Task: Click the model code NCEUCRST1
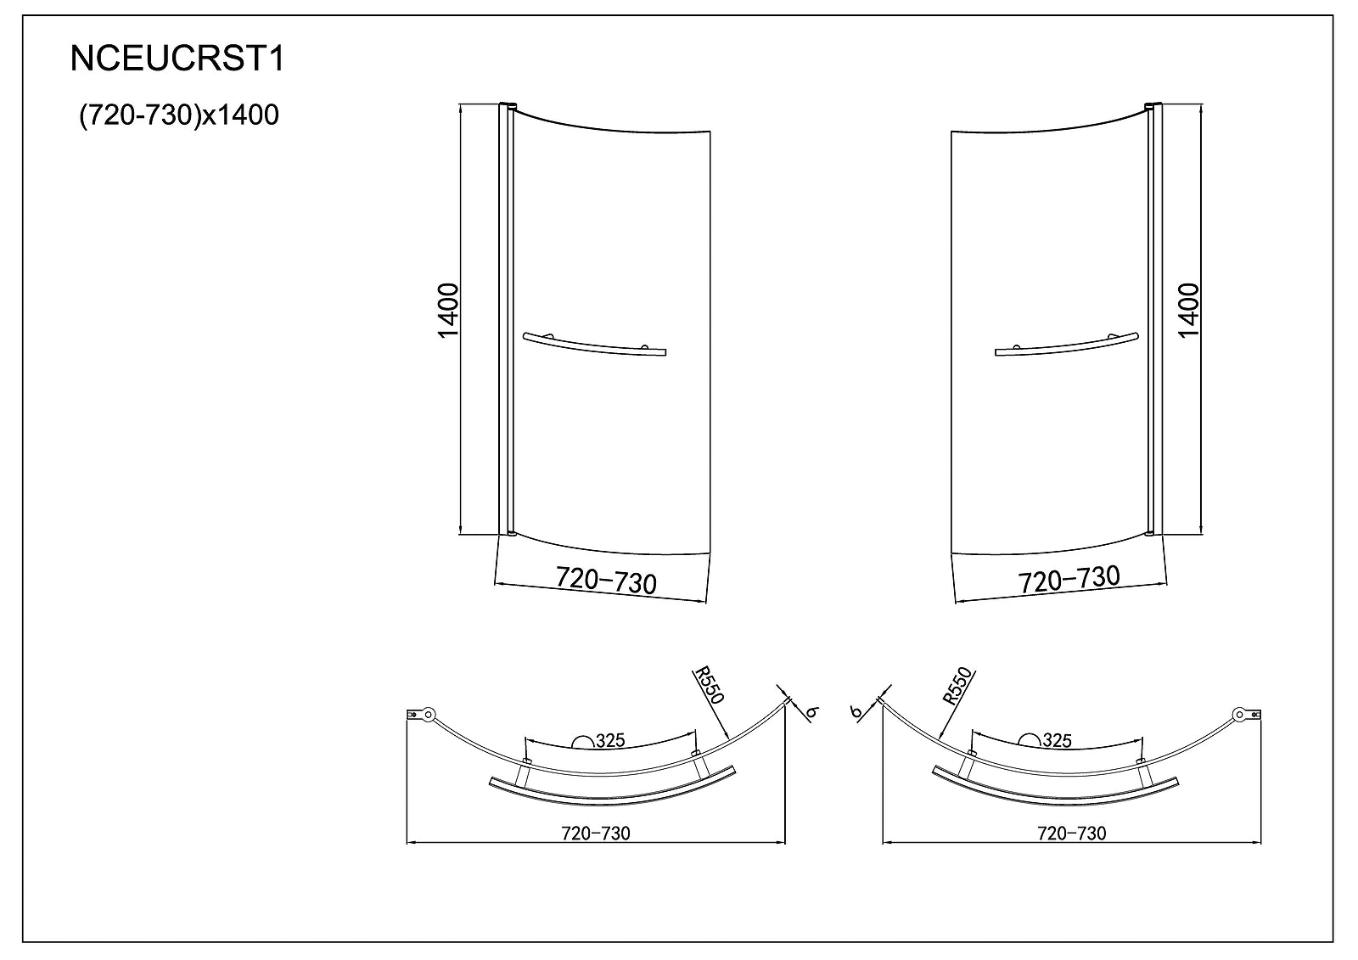coord(177,59)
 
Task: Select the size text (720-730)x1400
coord(179,115)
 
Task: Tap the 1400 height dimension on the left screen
coord(449,311)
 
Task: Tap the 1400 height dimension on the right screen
coord(1189,311)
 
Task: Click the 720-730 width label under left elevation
coord(606,581)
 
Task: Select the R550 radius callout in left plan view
coord(710,685)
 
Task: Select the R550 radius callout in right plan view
coord(958,685)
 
